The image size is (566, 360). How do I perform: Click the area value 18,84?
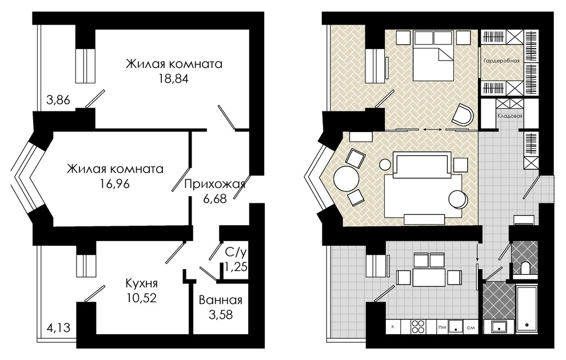tap(174, 79)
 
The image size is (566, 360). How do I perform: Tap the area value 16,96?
tap(115, 184)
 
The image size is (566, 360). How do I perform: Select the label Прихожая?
tap(215, 184)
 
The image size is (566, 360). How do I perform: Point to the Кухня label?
tap(142, 283)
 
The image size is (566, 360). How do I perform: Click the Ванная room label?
tap(221, 300)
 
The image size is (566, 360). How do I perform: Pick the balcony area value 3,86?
tap(58, 99)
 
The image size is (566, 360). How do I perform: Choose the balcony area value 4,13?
tap(58, 328)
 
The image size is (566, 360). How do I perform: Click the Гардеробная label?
tap(501, 61)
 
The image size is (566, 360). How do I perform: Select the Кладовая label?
tap(510, 116)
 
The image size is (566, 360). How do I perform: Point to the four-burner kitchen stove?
tap(418, 327)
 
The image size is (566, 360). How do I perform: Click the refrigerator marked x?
tap(392, 327)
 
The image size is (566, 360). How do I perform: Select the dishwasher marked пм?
tap(442, 327)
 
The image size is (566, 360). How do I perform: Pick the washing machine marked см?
tap(471, 327)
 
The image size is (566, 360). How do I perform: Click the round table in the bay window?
tap(346, 178)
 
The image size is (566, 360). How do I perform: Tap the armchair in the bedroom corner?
tap(463, 115)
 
